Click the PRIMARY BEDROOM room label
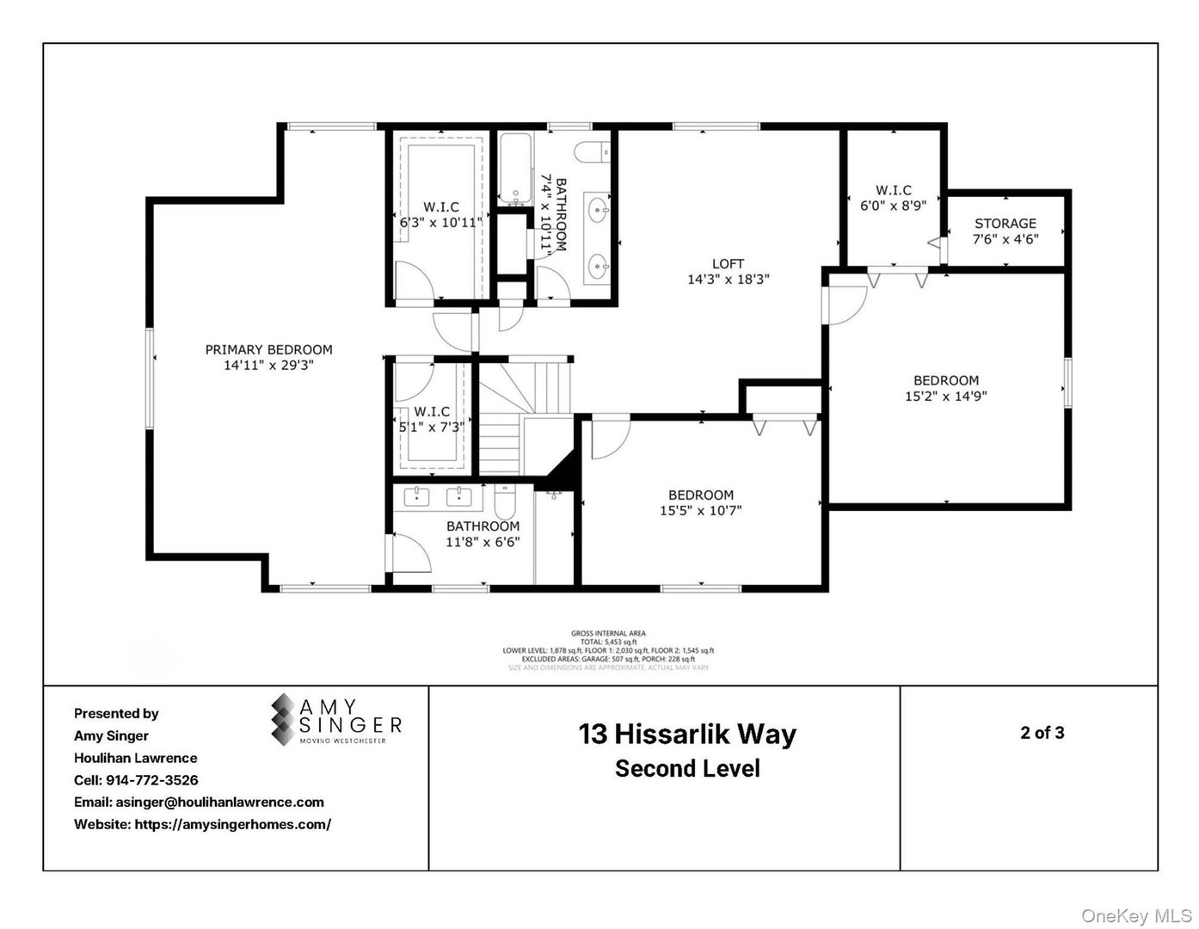(268, 349)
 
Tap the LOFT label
(728, 263)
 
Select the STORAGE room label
(1005, 223)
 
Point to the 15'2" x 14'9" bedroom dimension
(945, 397)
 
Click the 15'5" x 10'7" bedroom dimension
(700, 510)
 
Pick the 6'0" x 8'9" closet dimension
(893, 206)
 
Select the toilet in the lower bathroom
(504, 499)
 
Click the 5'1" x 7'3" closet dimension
(431, 426)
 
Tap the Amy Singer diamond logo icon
(282, 720)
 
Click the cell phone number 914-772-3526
(151, 780)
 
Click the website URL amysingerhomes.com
(232, 824)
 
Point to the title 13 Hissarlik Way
(687, 734)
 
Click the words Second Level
(687, 768)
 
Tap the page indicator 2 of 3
(1042, 733)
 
